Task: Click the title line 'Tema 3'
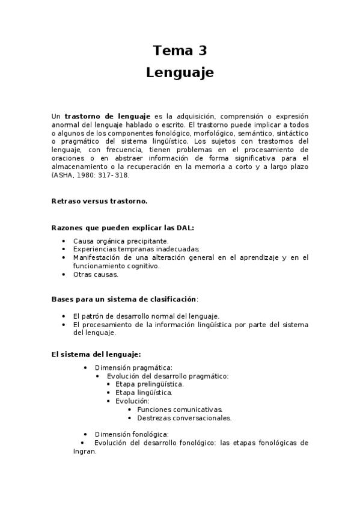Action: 180,51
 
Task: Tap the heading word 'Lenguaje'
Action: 180,73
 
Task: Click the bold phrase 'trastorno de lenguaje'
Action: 107,116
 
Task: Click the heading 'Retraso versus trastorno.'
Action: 99,201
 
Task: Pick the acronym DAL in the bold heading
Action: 185,228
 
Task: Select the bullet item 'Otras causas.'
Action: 96,274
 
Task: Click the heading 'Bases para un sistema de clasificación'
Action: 124,299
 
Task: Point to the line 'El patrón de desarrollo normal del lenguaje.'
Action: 146,316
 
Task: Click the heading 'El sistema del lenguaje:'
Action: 96,354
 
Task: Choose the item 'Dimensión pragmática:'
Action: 133,367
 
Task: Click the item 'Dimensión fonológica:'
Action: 132,434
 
